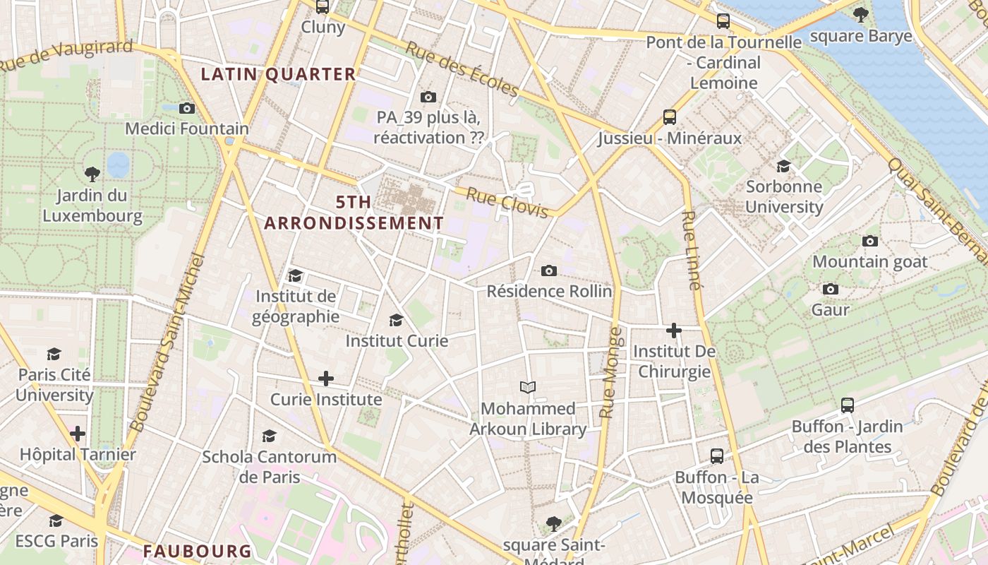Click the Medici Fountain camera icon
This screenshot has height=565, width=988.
pos(187,108)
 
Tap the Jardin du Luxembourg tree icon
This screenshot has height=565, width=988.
pos(92,174)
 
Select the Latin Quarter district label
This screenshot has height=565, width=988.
pos(279,74)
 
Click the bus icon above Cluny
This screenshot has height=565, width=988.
pos(323,6)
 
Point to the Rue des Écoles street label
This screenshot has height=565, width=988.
pos(462,69)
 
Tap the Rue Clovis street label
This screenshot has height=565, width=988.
pos(507,203)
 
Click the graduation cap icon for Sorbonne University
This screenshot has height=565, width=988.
pos(783,166)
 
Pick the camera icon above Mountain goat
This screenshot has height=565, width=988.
pos(870,241)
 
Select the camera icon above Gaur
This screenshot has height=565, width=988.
pos(831,289)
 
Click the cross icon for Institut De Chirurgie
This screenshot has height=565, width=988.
pos(674,330)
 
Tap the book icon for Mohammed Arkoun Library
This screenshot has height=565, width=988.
pos(528,387)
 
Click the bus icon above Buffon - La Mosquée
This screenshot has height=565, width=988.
pos(717,456)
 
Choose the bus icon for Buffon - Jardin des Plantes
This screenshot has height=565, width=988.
pos(848,405)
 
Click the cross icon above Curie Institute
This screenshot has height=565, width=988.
pos(326,379)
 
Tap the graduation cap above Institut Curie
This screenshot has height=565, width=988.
pos(396,320)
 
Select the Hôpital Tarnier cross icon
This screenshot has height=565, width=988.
pos(78,433)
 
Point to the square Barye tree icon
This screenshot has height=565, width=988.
pos(860,14)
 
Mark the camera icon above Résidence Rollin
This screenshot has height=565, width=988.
pos(549,270)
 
